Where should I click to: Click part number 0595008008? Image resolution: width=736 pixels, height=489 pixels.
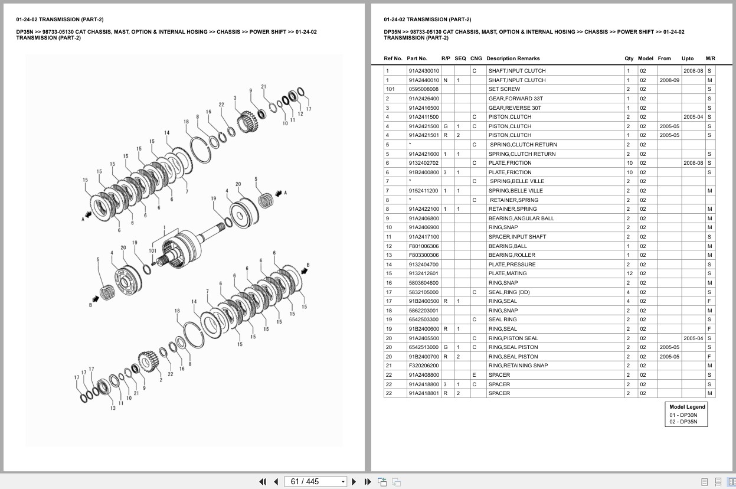pos(423,89)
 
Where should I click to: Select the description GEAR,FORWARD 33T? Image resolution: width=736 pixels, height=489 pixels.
pos(515,99)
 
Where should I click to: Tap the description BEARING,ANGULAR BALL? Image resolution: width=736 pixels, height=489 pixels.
pos(521,219)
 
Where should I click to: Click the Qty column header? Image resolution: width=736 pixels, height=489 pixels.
pos(629,58)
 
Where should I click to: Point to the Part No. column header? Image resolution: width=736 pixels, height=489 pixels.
pos(417,58)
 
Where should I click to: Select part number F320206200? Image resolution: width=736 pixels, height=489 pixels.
pos(423,366)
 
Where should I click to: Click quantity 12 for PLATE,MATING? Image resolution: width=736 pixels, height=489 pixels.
pos(629,273)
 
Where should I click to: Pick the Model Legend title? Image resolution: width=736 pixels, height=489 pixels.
pos(687,407)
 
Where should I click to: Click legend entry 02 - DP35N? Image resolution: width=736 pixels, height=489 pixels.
pos(683,422)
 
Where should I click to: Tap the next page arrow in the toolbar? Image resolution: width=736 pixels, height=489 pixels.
pos(354,482)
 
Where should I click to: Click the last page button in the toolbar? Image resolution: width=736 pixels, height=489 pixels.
pos(368,482)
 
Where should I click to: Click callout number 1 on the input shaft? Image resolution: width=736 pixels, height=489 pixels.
pos(164,227)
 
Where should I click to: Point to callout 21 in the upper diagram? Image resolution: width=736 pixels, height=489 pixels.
pos(263,87)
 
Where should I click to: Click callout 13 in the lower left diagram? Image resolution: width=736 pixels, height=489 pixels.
pos(113,408)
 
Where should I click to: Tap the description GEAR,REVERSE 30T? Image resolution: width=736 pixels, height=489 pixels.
pos(515,108)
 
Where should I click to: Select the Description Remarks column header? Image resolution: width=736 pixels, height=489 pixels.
pos(512,58)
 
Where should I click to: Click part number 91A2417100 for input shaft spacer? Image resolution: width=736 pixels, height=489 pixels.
pos(423,237)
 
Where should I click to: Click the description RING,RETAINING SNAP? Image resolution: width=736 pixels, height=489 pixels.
pos(518,366)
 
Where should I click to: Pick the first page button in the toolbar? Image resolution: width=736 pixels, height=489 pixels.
pos(263,482)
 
